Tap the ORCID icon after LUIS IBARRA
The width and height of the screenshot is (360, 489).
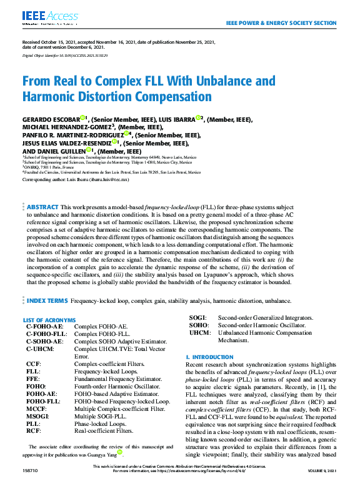[x=199, y=118]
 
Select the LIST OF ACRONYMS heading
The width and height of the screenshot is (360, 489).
[x=49, y=320]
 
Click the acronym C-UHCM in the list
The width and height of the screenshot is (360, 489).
[x=40, y=348]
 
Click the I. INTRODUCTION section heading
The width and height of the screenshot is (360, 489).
[x=209, y=357]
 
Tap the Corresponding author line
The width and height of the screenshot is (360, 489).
[x=75, y=179]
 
